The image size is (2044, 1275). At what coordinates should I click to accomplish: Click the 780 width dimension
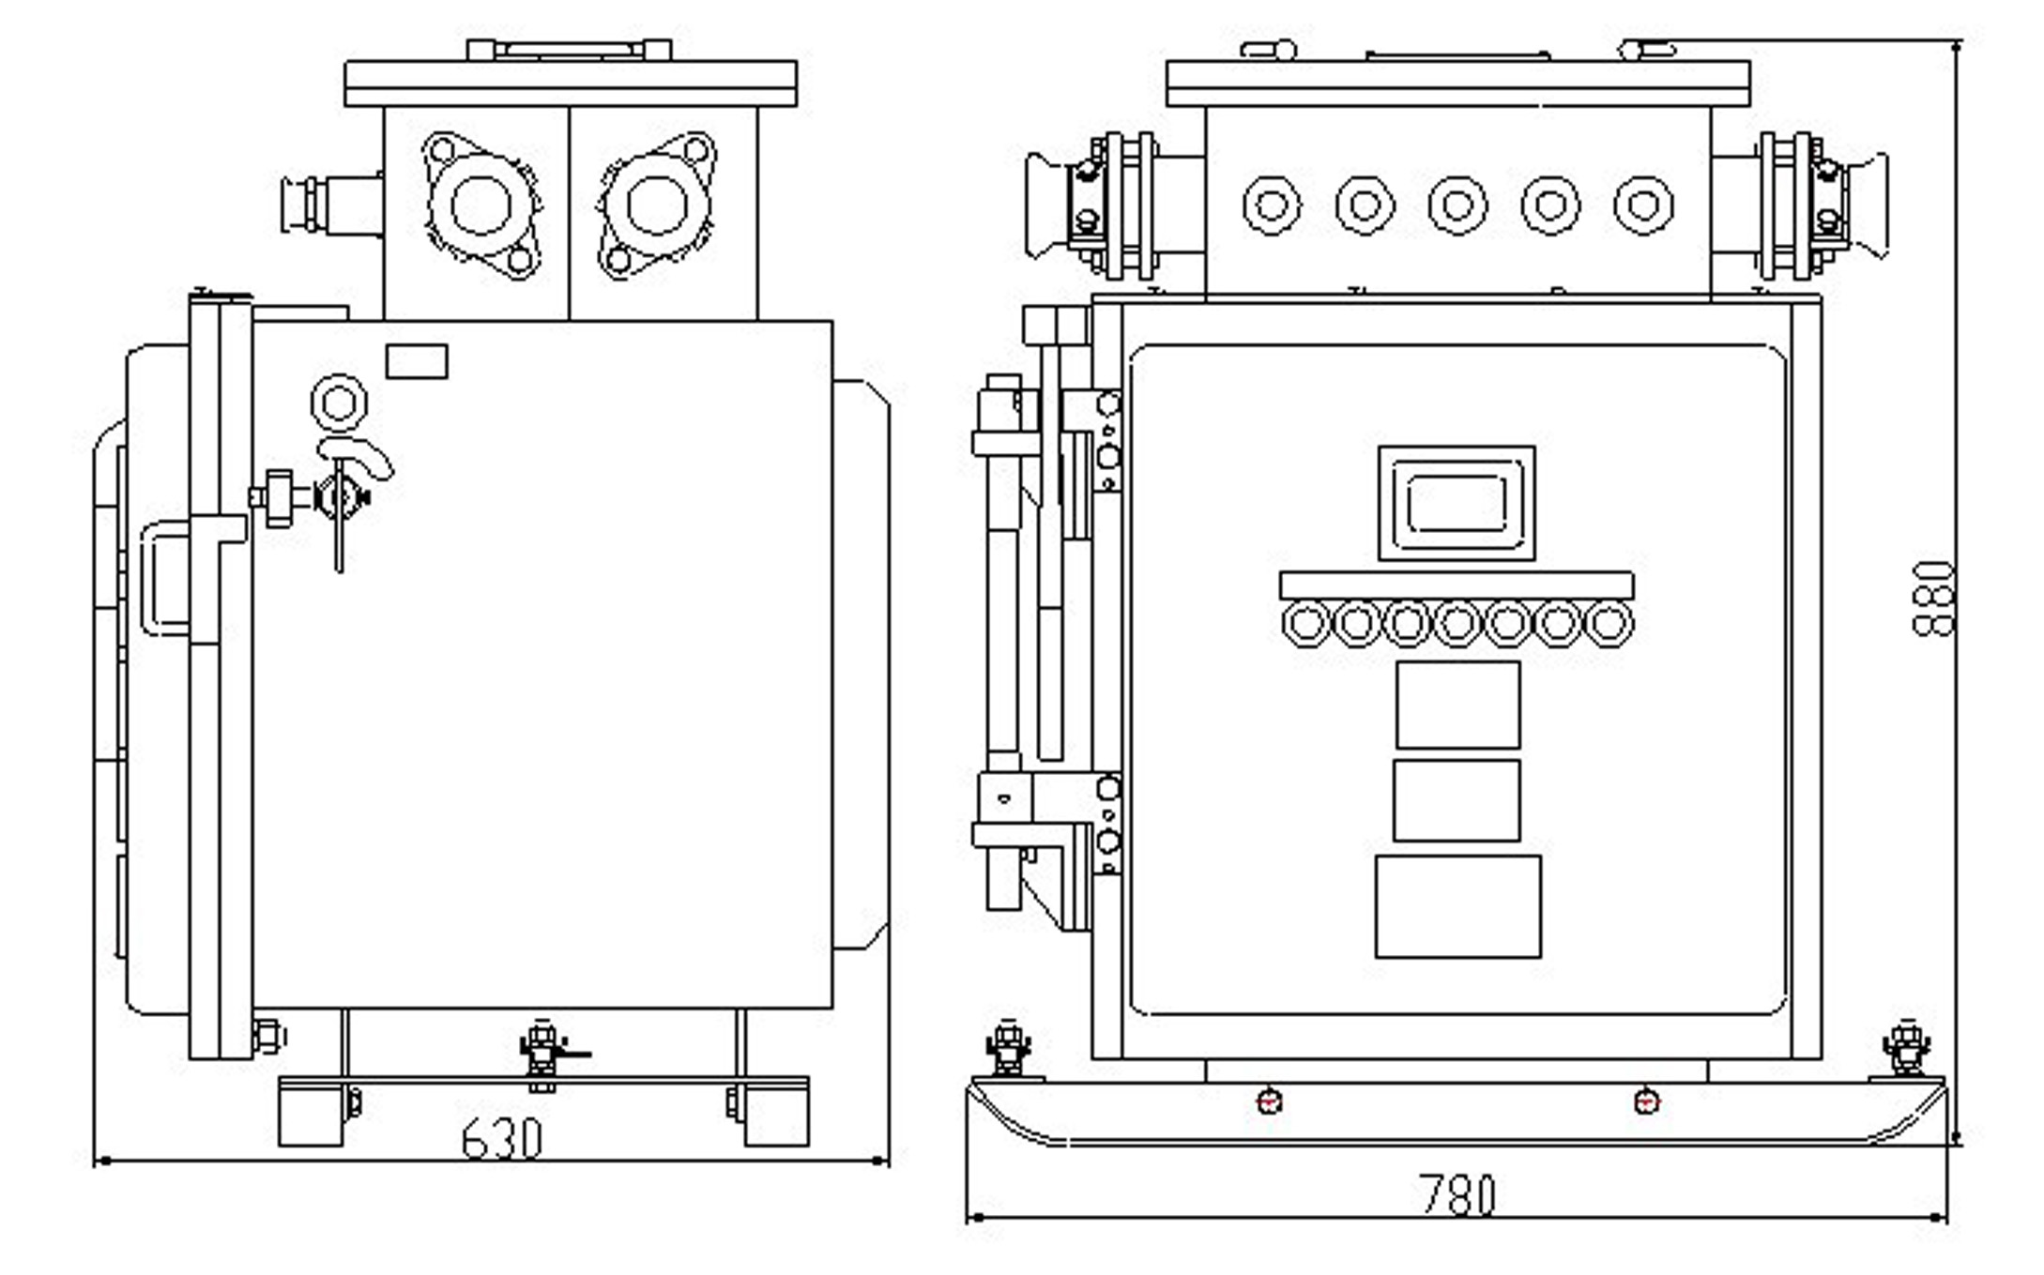pyautogui.click(x=1457, y=1195)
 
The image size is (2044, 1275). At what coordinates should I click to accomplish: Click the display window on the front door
pyautogui.click(x=1457, y=503)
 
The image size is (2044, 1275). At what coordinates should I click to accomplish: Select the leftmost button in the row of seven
pyautogui.click(x=1305, y=622)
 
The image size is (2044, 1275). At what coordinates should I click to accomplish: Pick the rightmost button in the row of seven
pyautogui.click(x=1609, y=622)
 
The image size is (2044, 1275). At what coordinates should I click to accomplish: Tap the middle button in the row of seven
pyautogui.click(x=1457, y=622)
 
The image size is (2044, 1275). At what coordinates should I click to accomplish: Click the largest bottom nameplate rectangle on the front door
pyautogui.click(x=1457, y=906)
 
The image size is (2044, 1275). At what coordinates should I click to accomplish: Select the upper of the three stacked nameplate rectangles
pyautogui.click(x=1457, y=705)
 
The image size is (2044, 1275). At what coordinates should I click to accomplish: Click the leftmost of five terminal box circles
pyautogui.click(x=1272, y=205)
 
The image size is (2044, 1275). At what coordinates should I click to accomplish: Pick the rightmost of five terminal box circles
pyautogui.click(x=1642, y=205)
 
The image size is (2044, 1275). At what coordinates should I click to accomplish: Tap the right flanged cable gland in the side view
pyautogui.click(x=657, y=205)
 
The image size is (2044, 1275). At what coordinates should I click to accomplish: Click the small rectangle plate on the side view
pyautogui.click(x=417, y=361)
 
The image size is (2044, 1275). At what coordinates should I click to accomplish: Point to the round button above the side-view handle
pyautogui.click(x=339, y=402)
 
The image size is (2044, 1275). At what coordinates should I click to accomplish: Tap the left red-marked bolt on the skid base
pyautogui.click(x=1269, y=1100)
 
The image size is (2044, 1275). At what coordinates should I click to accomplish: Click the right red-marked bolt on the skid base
pyautogui.click(x=1647, y=1100)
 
